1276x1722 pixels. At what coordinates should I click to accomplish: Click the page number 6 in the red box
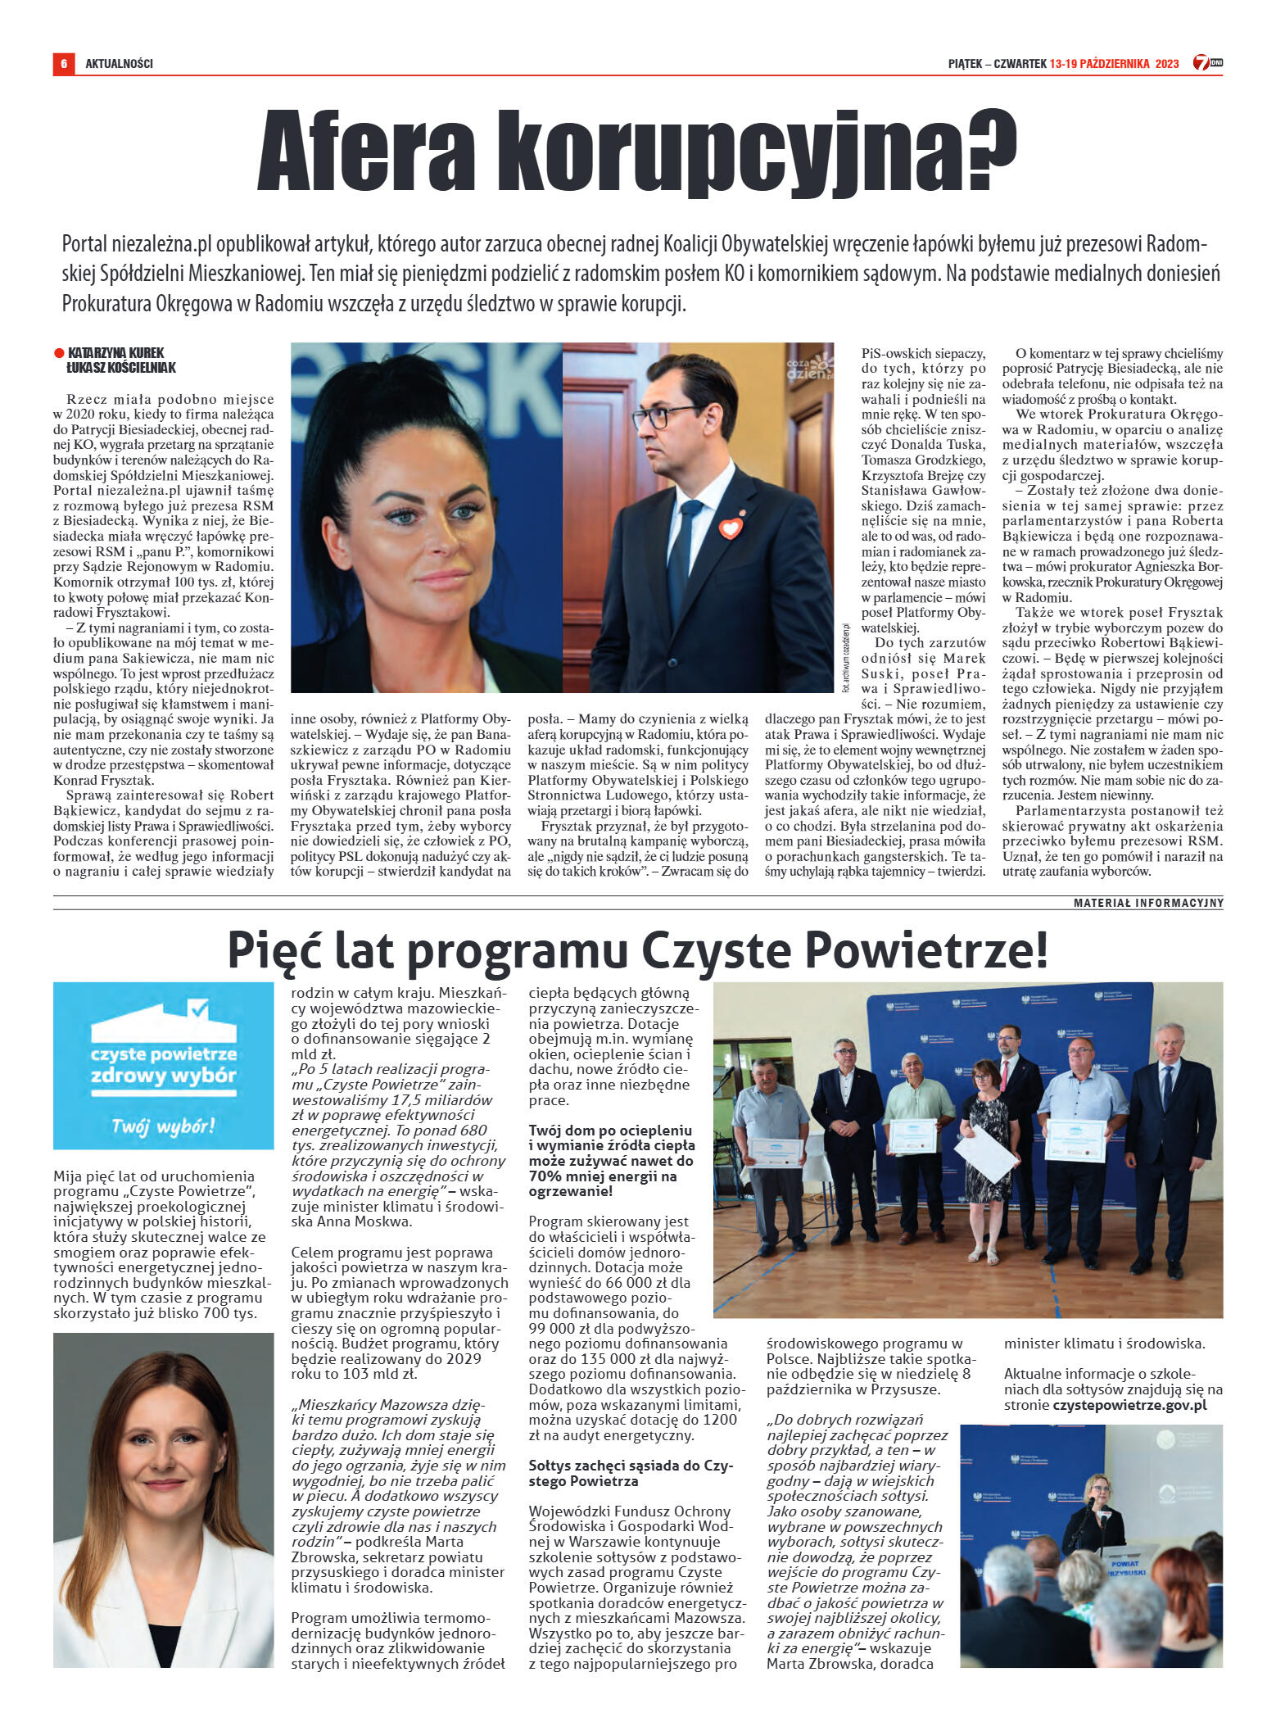pyautogui.click(x=63, y=63)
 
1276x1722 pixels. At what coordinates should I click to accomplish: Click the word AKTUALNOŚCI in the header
pyautogui.click(x=119, y=63)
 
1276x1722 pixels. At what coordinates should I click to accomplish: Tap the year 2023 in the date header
pyautogui.click(x=1167, y=63)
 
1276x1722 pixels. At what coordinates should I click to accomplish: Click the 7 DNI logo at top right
pyautogui.click(x=1206, y=62)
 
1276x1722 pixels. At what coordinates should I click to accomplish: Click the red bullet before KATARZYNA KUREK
pyautogui.click(x=59, y=353)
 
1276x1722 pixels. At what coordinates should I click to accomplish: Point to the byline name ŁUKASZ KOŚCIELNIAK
pyautogui.click(x=121, y=368)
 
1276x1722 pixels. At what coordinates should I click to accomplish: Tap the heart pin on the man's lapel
pyautogui.click(x=730, y=527)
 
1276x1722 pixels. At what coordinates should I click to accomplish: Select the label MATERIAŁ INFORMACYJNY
pyautogui.click(x=1148, y=903)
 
